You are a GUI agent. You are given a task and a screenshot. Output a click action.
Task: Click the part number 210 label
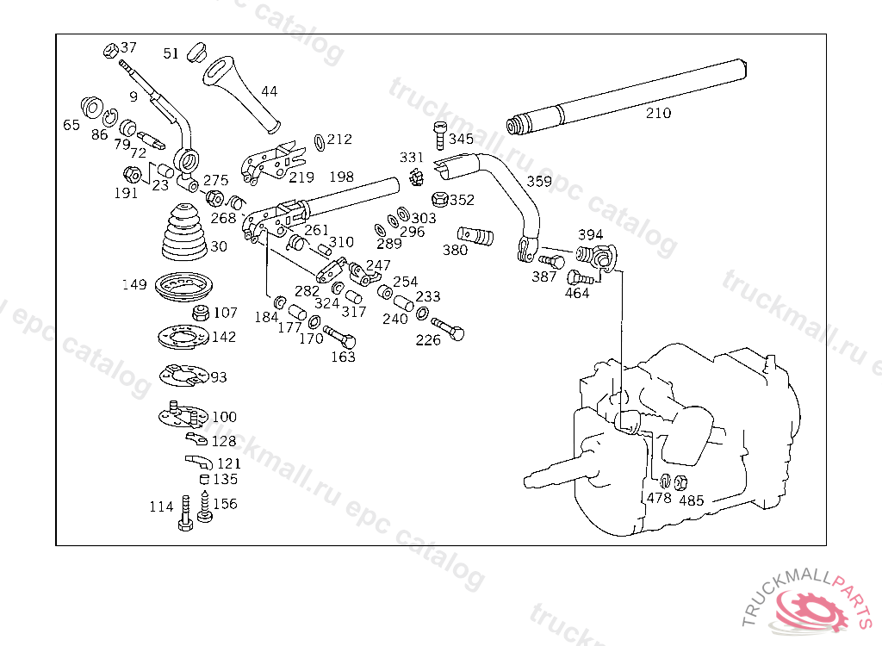(x=658, y=113)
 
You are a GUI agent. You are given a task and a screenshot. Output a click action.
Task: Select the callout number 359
(x=539, y=182)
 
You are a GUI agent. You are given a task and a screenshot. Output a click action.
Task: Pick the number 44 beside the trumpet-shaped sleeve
(x=270, y=90)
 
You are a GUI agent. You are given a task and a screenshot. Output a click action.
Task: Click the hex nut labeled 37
(x=110, y=48)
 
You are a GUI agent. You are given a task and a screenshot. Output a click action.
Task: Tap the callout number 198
(x=341, y=177)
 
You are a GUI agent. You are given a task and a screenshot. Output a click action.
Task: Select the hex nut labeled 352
(x=438, y=200)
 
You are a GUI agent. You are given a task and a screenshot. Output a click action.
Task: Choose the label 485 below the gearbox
(x=692, y=500)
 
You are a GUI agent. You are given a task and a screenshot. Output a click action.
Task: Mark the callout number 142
(x=223, y=337)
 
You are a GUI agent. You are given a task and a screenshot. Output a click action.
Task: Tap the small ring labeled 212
(x=319, y=140)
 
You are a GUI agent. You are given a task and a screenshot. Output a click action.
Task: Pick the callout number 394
(x=590, y=234)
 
